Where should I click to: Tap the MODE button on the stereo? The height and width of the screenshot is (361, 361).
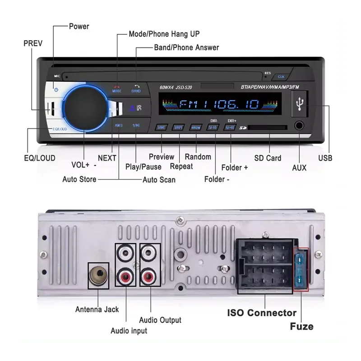tap(117, 88)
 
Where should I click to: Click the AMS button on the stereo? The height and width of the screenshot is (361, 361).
tap(118, 125)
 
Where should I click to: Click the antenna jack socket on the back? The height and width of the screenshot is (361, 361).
tap(97, 275)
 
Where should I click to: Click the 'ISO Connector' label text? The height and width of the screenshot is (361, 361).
tap(261, 313)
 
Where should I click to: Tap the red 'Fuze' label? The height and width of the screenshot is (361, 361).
tap(301, 326)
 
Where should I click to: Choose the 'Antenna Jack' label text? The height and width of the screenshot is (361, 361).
tap(97, 310)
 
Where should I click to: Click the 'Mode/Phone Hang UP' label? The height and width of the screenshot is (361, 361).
tap(164, 34)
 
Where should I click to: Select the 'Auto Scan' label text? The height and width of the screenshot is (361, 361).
tap(159, 180)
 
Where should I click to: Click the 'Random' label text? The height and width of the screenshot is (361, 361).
tap(198, 157)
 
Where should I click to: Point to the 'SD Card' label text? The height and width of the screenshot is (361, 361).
tap(268, 158)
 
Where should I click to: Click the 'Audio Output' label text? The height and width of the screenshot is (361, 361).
tap(160, 320)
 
